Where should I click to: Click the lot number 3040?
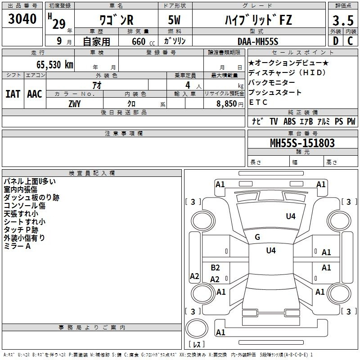(22, 19)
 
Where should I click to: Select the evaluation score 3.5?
(343, 21)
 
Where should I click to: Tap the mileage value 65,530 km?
(55, 65)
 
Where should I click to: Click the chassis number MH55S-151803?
(302, 143)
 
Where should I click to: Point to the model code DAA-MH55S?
(258, 41)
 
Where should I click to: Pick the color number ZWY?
(75, 104)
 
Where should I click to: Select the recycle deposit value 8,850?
(227, 104)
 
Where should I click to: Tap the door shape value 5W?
(174, 20)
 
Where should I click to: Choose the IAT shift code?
(13, 94)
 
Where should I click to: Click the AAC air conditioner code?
(35, 94)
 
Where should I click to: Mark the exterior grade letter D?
(336, 41)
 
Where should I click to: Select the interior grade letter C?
(350, 41)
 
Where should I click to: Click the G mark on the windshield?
(257, 237)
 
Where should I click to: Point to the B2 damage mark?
(216, 268)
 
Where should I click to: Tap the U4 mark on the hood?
(291, 216)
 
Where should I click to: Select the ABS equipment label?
(289, 121)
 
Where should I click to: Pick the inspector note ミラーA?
(17, 246)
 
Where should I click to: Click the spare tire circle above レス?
(197, 328)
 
